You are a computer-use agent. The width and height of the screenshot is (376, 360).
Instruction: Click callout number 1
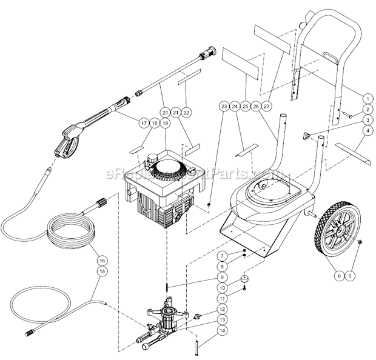pyautogui.click(x=367, y=98)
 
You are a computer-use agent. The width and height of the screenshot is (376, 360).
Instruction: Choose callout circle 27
pyautogui.click(x=268, y=107)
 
